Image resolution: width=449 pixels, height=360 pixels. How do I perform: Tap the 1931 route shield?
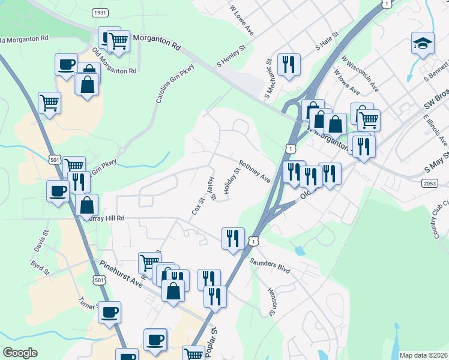pyautogui.click(x=100, y=13)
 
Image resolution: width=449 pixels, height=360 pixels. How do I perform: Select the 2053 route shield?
pyautogui.click(x=430, y=184)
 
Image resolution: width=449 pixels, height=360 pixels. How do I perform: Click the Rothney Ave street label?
pyautogui.click(x=255, y=171)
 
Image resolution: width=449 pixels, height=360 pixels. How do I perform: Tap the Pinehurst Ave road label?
pyautogui.click(x=122, y=274)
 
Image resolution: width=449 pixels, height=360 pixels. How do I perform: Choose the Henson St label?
pyautogui.click(x=271, y=301)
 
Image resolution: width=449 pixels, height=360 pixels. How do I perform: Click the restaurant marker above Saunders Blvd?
pyautogui.click(x=233, y=238)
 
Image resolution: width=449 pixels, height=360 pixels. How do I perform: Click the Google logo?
pyautogui.click(x=20, y=353)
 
